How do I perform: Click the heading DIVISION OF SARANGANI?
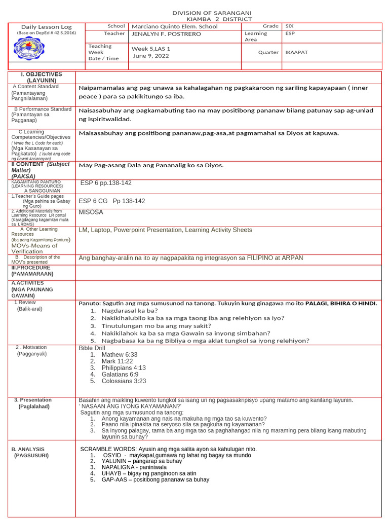212,13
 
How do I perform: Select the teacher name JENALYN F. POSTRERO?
166,34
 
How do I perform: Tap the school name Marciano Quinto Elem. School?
174,26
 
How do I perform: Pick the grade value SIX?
289,26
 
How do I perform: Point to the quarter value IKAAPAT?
296,52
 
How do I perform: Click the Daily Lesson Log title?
46,27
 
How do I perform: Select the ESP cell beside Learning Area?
290,34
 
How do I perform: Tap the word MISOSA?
91,212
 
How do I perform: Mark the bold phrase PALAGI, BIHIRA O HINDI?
341,303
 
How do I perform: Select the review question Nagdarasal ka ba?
130,310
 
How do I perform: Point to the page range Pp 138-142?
129,201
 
